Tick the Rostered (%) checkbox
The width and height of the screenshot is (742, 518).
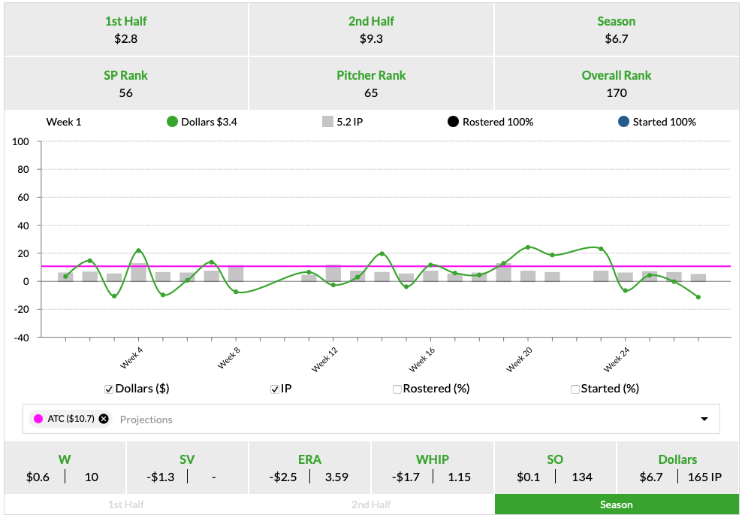[397, 389]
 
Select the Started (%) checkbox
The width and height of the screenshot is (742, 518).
[575, 389]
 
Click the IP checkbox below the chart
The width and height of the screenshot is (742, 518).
[276, 389]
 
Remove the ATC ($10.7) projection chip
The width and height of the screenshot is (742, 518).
[104, 419]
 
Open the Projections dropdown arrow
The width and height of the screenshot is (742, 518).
[704, 419]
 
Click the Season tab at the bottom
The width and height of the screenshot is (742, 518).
[617, 504]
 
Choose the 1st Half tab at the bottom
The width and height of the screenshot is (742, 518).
[127, 504]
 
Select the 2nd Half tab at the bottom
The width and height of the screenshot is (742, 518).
[371, 504]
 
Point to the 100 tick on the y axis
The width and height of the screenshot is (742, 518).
[21, 142]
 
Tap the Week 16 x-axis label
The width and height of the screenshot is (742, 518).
[423, 360]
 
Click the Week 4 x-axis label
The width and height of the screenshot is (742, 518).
[131, 358]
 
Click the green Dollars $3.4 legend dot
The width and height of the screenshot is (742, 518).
[172, 122]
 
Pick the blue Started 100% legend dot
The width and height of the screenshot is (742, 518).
[623, 122]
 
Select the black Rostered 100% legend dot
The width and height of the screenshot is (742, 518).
[453, 122]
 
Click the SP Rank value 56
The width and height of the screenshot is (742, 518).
[126, 93]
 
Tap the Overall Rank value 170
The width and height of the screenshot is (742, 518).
[617, 93]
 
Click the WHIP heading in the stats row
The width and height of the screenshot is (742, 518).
[433, 459]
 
